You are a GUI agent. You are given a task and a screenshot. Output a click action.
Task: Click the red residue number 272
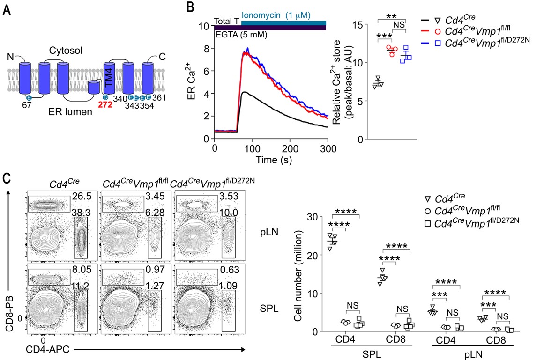point(104,106)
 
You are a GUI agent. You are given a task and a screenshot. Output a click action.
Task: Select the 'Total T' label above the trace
point(227,21)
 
